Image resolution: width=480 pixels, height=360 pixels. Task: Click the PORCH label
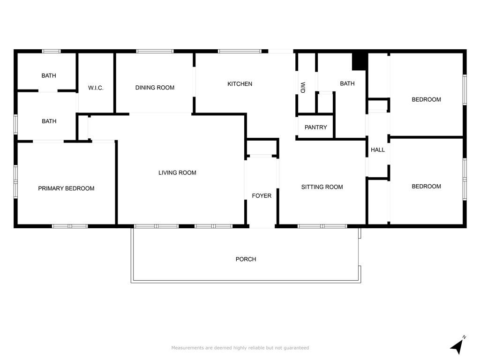click(x=246, y=259)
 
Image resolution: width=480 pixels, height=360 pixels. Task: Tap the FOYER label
click(x=262, y=195)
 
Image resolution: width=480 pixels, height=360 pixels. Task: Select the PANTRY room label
click(x=315, y=127)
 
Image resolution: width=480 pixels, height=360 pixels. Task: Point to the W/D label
click(x=302, y=88)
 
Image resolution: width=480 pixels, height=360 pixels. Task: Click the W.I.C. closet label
click(x=96, y=88)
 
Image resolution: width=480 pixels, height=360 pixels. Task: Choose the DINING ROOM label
click(x=155, y=88)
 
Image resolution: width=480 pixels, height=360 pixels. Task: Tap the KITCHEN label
click(x=240, y=84)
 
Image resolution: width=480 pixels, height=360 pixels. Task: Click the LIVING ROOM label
click(x=177, y=172)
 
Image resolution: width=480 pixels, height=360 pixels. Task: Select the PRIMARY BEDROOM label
click(x=66, y=188)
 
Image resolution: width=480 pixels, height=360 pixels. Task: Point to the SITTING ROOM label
click(x=322, y=187)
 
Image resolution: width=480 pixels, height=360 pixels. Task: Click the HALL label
click(x=377, y=150)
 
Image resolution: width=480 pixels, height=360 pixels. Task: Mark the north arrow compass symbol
click(x=458, y=345)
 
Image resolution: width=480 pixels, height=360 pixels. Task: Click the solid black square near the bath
click(x=359, y=61)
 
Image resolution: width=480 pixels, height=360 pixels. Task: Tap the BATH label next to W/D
click(x=347, y=84)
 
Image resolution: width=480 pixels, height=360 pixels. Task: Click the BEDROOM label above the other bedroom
click(x=426, y=99)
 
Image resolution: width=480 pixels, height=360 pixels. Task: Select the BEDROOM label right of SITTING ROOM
click(x=426, y=186)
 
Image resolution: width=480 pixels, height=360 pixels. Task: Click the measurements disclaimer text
click(x=240, y=348)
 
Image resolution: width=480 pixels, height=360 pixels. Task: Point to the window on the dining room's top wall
click(x=155, y=51)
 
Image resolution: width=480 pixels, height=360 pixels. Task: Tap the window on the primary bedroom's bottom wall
click(x=70, y=226)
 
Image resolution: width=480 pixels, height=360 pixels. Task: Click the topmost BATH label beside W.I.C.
click(x=49, y=75)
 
